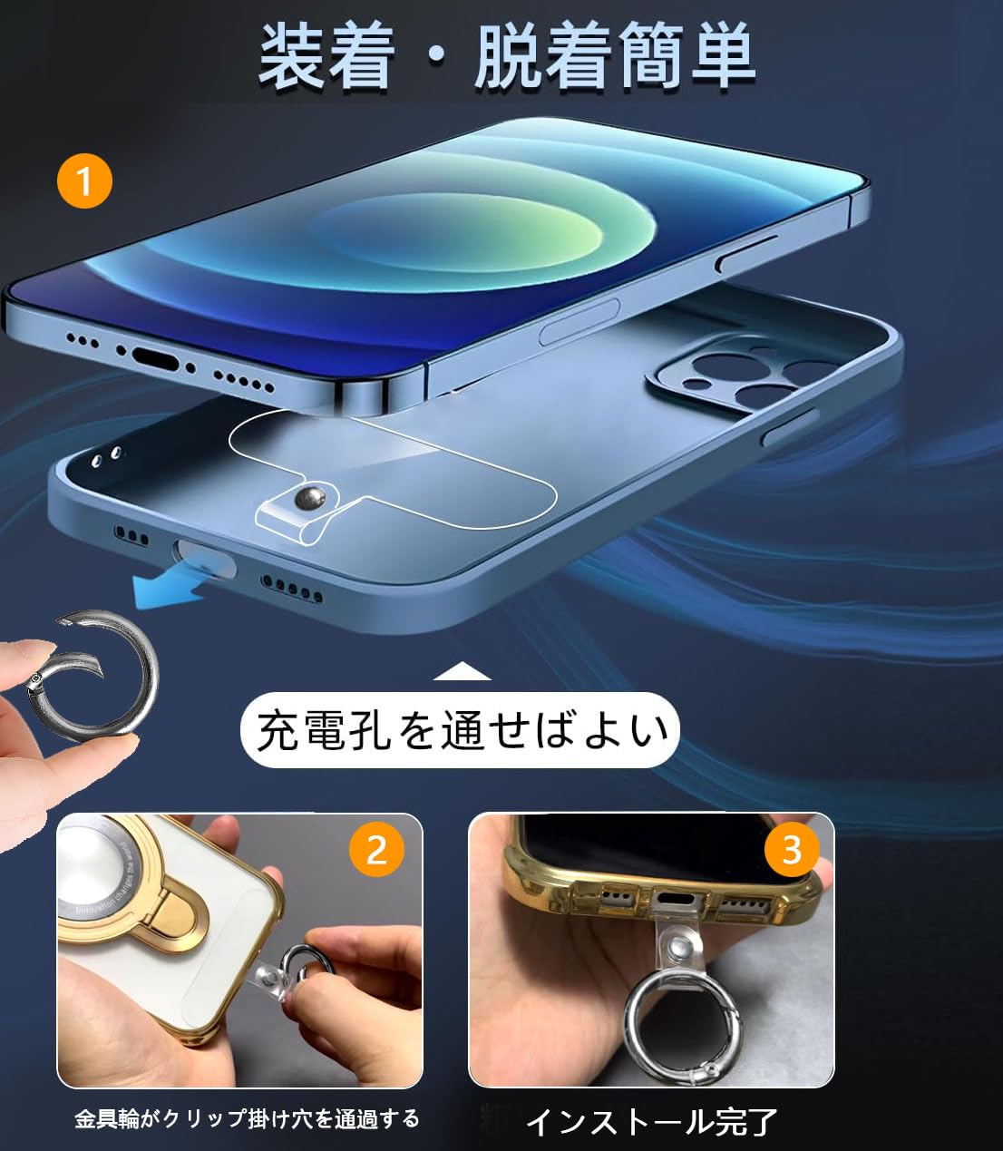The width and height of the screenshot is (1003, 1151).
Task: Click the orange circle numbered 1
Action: pyautogui.click(x=84, y=181)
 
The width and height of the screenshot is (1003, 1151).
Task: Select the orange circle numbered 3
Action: pyautogui.click(x=791, y=849)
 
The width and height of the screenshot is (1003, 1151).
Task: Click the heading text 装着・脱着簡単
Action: pyautogui.click(x=506, y=57)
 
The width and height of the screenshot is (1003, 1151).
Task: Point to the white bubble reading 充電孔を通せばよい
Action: pyautogui.click(x=460, y=729)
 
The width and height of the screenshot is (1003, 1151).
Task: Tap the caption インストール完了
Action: pyautogui.click(x=651, y=1121)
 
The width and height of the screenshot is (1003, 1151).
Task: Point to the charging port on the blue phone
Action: pyautogui.click(x=155, y=356)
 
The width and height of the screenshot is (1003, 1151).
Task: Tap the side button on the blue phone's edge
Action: pyautogui.click(x=579, y=322)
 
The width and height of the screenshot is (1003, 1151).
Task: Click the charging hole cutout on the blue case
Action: pyautogui.click(x=205, y=557)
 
